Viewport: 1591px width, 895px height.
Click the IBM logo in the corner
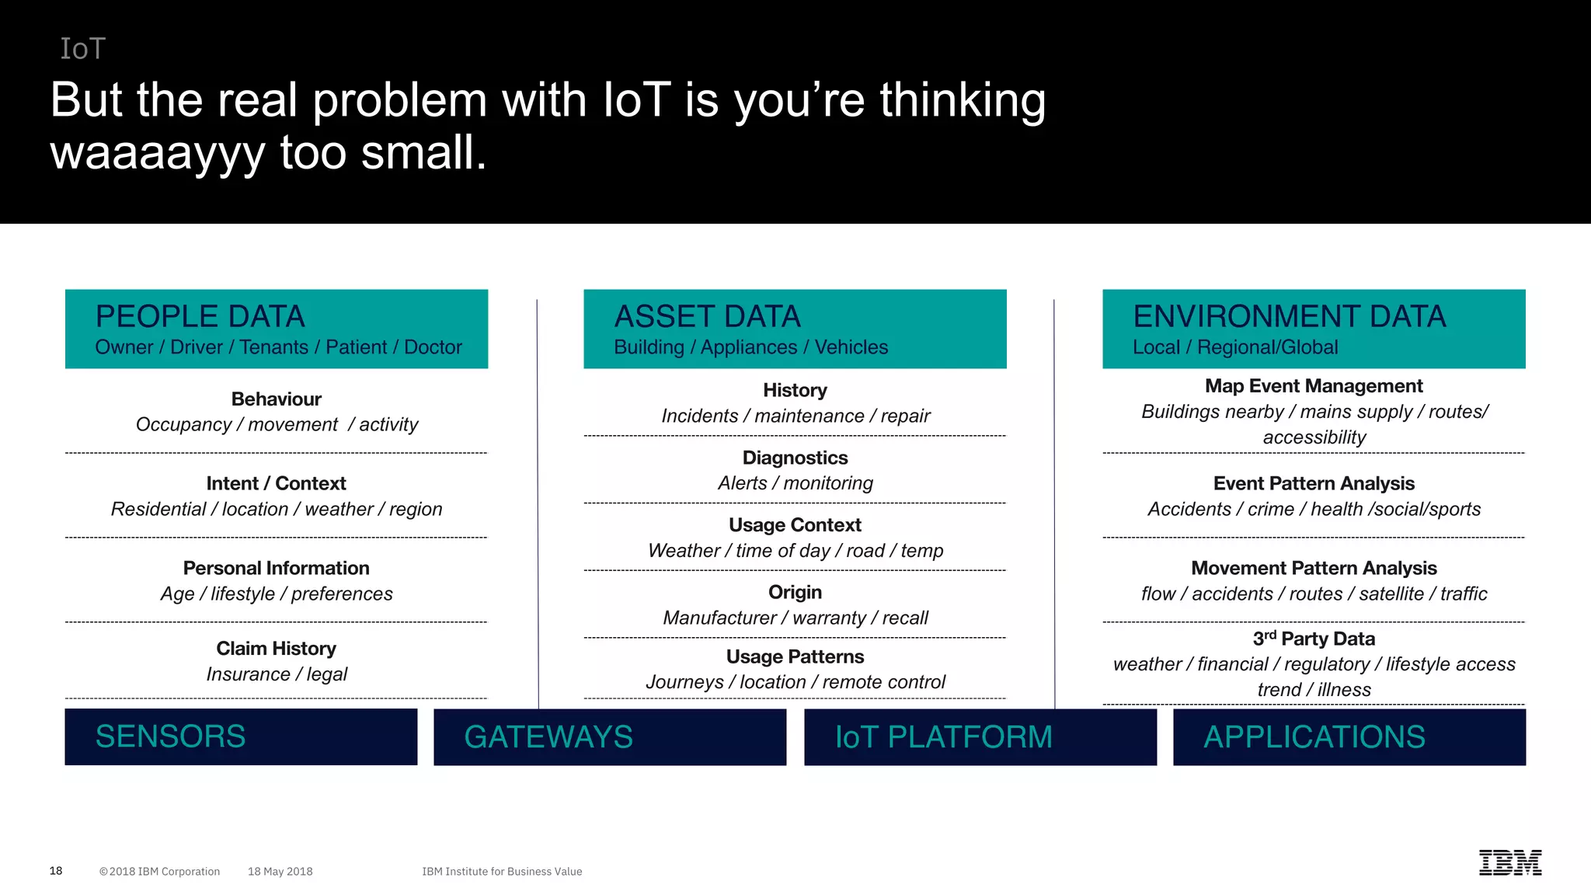click(x=1509, y=862)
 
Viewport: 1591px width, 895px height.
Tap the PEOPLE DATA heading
click(x=200, y=317)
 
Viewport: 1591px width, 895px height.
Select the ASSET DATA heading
click(x=707, y=317)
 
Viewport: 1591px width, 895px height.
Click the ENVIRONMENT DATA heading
click(x=1289, y=317)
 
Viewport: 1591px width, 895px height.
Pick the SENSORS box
click(x=241, y=737)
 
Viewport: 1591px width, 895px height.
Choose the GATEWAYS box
click(x=610, y=737)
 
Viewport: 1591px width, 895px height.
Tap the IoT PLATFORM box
click(x=980, y=737)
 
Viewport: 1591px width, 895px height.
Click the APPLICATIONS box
click(x=1349, y=737)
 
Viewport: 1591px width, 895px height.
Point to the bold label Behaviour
click(x=276, y=399)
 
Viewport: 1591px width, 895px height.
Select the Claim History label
click(x=276, y=649)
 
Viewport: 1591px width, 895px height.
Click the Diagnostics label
click(x=795, y=458)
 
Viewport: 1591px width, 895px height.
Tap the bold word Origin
click(x=795, y=592)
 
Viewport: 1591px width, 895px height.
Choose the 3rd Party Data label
click(x=1314, y=639)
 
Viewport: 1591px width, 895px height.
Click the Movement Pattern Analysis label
click(x=1314, y=568)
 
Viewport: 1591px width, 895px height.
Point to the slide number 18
click(x=56, y=871)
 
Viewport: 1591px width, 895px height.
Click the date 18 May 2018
click(x=280, y=872)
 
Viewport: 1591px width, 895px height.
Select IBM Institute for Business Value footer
click(x=502, y=872)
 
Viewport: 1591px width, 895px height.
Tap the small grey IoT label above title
click(x=82, y=49)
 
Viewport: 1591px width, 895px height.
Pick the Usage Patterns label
click(x=795, y=656)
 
